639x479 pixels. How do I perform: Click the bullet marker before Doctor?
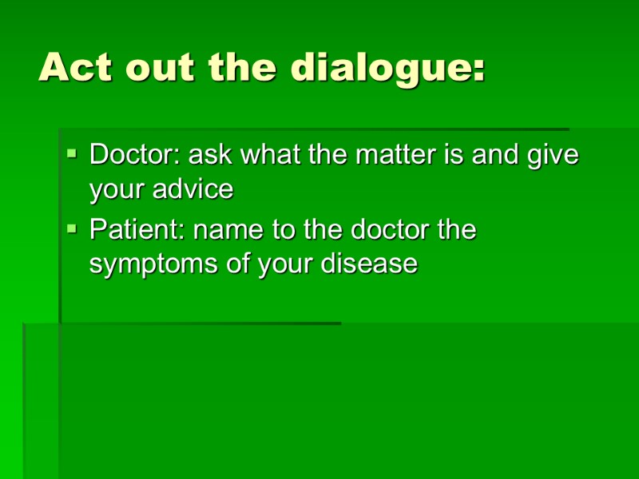click(72, 151)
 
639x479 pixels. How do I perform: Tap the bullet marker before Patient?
click(72, 228)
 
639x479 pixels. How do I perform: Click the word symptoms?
click(154, 265)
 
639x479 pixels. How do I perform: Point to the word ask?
click(208, 154)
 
